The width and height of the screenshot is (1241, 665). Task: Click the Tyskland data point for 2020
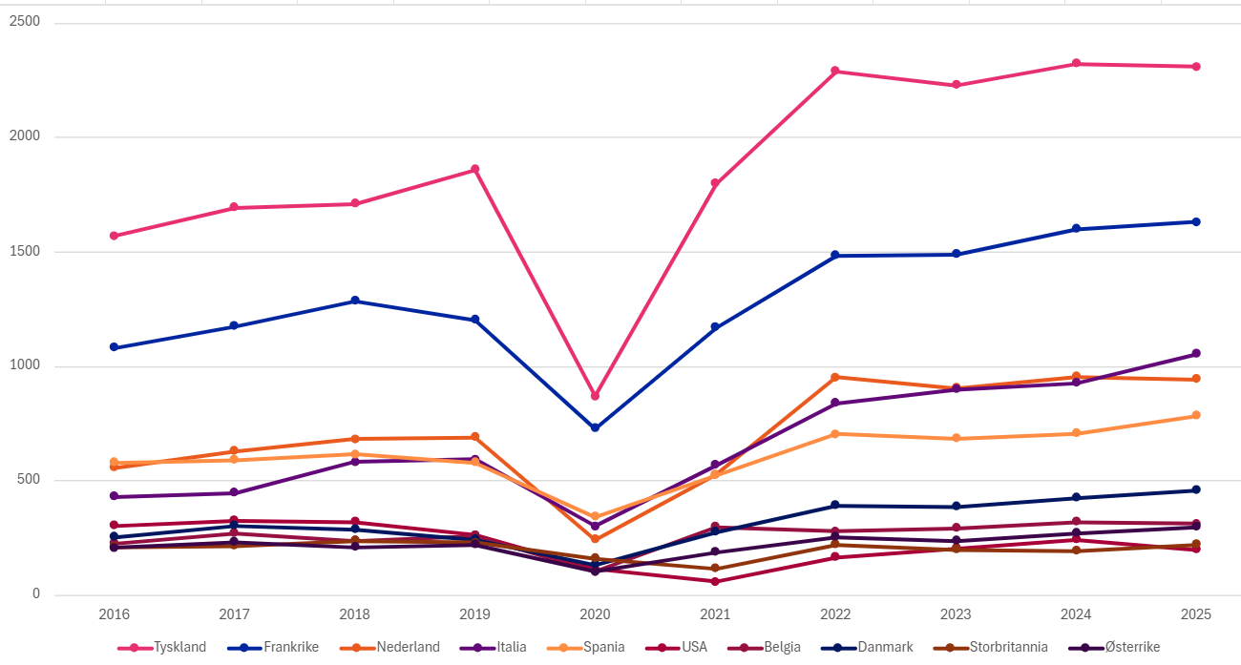595,396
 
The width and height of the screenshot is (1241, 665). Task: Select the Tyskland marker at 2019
474,170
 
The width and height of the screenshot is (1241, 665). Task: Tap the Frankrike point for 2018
355,301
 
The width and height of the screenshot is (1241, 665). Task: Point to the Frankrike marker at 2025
1195,222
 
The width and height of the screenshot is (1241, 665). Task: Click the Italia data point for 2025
1195,354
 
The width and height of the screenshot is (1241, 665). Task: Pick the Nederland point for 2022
834,377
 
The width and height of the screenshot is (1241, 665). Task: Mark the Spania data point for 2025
1195,415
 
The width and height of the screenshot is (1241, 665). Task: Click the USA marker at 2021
714,581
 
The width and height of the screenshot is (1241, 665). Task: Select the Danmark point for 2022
834,506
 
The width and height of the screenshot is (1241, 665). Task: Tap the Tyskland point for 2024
1076,64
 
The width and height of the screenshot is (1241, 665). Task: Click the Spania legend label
603,647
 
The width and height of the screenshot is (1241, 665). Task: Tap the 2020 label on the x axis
595,614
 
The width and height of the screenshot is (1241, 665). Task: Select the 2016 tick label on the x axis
115,614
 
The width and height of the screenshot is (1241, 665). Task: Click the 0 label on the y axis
35,594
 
